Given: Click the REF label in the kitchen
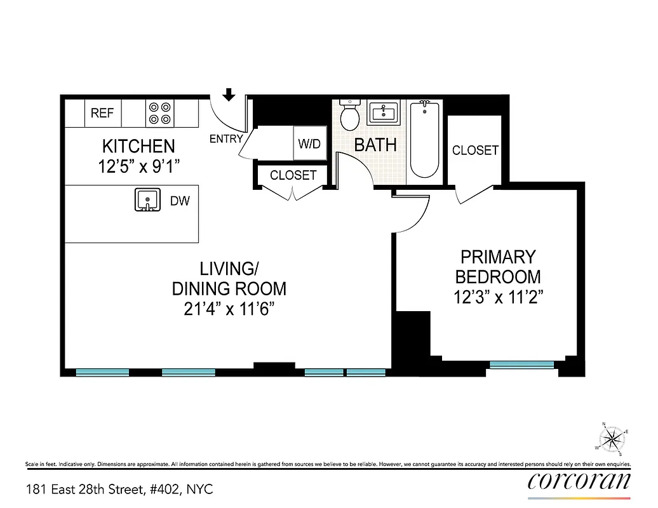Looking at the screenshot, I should click(x=102, y=113).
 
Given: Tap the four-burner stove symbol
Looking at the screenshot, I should click(x=160, y=113).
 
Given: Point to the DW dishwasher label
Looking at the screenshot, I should click(x=180, y=201).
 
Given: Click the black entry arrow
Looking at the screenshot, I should click(x=229, y=95).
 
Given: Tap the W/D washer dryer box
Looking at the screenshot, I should click(x=309, y=144).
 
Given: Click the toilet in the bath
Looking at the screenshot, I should click(x=349, y=115).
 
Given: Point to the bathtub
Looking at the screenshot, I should click(x=424, y=140).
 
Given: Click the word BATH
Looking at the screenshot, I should click(x=375, y=145).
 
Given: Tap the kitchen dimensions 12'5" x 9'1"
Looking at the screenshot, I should click(x=138, y=167).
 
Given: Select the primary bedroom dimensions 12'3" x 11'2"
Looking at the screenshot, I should click(x=498, y=297).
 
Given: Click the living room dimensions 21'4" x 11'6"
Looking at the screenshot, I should click(x=229, y=309).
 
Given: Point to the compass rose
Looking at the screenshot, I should click(x=612, y=438).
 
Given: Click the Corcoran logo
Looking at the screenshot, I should click(x=579, y=481).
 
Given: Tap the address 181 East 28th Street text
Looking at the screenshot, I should click(x=119, y=490).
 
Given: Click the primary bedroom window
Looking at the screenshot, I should click(x=521, y=364).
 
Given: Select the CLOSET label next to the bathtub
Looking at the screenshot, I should click(x=475, y=150).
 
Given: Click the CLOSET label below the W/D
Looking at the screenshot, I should click(x=293, y=175).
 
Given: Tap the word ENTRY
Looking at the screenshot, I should click(x=226, y=138).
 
